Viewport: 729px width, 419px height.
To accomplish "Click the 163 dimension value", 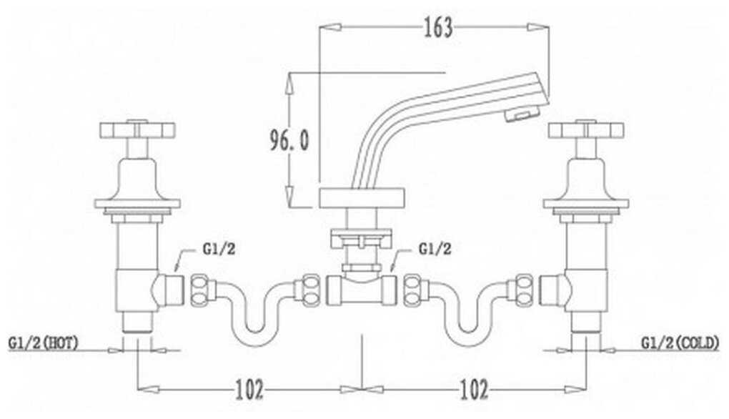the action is (x=438, y=27).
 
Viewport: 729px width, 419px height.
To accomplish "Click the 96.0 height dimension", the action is (x=289, y=140).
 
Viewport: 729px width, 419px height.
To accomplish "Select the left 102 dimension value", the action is (x=249, y=389).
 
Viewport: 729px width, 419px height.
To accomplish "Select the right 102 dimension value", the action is (x=474, y=389).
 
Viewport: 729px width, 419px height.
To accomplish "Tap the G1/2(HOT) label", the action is (x=43, y=343).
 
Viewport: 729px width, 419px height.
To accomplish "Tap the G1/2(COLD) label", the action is (x=680, y=343).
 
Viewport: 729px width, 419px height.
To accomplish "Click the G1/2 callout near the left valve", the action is (x=219, y=249).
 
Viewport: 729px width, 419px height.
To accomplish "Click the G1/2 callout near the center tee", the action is (x=435, y=249).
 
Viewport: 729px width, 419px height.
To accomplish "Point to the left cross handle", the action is (x=137, y=129).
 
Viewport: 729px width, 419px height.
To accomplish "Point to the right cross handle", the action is (x=586, y=129).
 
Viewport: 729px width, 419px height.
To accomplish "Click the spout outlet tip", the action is (x=523, y=113).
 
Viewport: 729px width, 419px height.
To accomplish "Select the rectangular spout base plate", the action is (x=362, y=198).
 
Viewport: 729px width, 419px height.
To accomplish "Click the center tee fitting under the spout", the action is (x=362, y=290).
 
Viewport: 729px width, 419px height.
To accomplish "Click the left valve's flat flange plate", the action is (x=137, y=203).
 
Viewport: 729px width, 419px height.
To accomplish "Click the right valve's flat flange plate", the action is (x=586, y=203).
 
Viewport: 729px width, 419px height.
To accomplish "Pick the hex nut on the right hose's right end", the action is (x=524, y=290).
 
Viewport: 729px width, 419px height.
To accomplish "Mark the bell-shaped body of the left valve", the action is (x=137, y=179).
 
